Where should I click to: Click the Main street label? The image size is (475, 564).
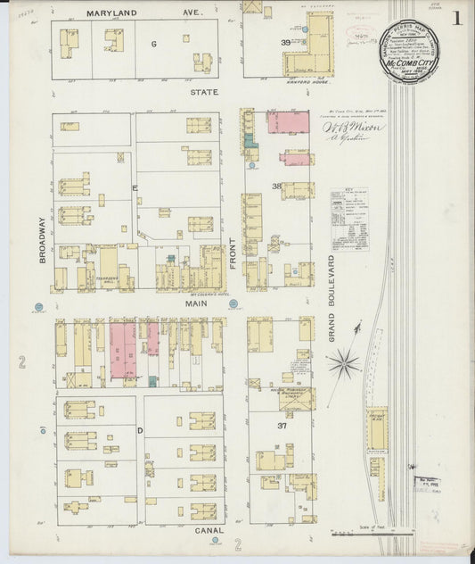pos(196,303)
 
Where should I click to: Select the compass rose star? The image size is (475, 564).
pos(344,362)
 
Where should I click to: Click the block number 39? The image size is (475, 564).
pos(286,42)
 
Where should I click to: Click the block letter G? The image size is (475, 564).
pos(152,43)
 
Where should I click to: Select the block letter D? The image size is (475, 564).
pos(140,430)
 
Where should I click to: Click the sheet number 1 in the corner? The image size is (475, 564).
pos(457,18)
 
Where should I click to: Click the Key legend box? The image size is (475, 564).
pos(348,220)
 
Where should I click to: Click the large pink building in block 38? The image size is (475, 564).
pos(285,122)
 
